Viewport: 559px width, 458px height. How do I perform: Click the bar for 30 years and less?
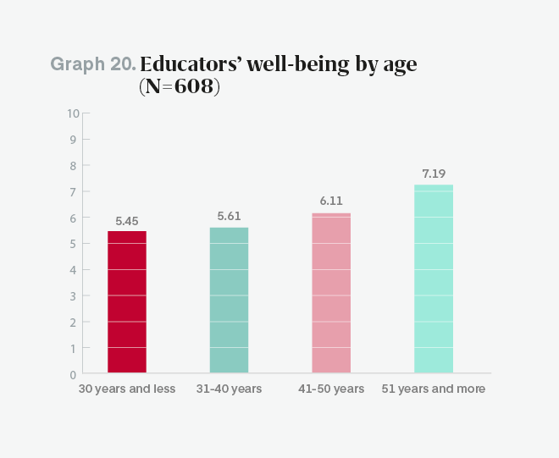point(127,301)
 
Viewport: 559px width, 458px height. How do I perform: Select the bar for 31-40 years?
point(229,300)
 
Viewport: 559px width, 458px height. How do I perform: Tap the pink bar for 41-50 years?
point(331,293)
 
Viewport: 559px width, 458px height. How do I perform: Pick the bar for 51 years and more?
point(434,279)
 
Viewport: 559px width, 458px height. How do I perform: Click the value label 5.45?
point(127,221)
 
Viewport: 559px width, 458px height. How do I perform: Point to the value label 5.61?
point(229,217)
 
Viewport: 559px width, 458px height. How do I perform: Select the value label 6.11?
point(331,203)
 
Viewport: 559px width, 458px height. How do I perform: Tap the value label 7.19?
point(434,174)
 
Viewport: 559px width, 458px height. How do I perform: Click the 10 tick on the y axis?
point(73,113)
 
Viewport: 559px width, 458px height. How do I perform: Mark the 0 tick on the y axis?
point(73,373)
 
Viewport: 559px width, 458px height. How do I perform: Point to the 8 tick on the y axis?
point(74,166)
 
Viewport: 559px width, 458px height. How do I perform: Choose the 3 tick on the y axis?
point(74,295)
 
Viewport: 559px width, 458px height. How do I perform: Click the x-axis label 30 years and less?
point(127,389)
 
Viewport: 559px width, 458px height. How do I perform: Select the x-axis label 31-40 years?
point(229,389)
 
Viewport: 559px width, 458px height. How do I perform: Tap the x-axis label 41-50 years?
point(331,389)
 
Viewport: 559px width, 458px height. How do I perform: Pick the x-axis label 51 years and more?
point(434,389)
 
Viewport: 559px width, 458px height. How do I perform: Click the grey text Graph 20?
point(93,64)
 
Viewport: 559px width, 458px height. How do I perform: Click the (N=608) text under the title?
point(180,86)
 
